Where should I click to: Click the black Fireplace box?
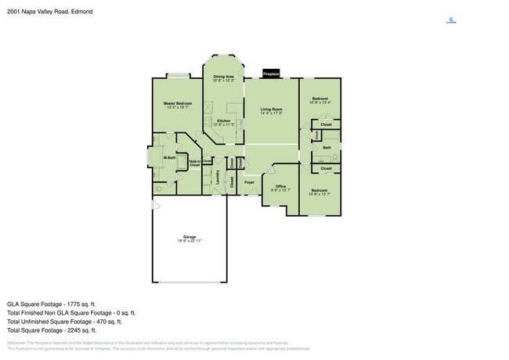click(x=271, y=73)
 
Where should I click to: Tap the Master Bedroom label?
click(x=178, y=103)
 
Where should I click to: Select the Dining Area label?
click(x=223, y=76)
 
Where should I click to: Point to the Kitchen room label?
click(x=223, y=121)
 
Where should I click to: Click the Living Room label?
click(x=271, y=109)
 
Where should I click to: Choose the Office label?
click(x=280, y=185)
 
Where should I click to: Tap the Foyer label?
click(x=250, y=182)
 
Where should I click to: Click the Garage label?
click(x=189, y=236)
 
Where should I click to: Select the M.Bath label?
click(x=168, y=159)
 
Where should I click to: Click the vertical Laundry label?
click(x=217, y=178)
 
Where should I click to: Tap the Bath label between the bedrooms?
click(x=327, y=147)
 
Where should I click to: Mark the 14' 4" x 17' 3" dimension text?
click(x=271, y=113)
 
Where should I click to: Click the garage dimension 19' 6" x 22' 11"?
click(x=189, y=241)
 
